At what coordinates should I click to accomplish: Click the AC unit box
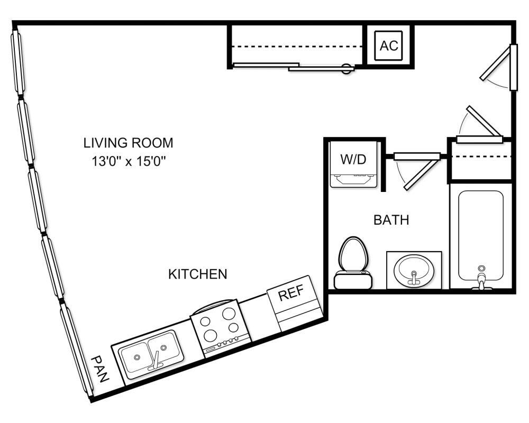[x=389, y=45]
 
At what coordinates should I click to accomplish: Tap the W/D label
[x=353, y=160]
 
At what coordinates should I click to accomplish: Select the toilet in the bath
[x=353, y=263]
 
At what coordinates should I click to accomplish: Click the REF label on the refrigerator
[x=290, y=295]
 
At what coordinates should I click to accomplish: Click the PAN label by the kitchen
[x=99, y=369]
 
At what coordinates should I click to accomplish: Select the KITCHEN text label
[x=197, y=274]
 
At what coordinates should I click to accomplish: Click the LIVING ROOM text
[x=128, y=143]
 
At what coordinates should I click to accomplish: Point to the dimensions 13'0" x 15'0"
[x=128, y=161]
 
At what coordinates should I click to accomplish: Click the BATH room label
[x=391, y=220]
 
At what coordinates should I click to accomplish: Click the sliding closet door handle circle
[x=346, y=69]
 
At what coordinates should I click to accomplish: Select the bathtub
[x=480, y=235]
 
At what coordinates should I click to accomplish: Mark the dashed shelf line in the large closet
[x=296, y=47]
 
